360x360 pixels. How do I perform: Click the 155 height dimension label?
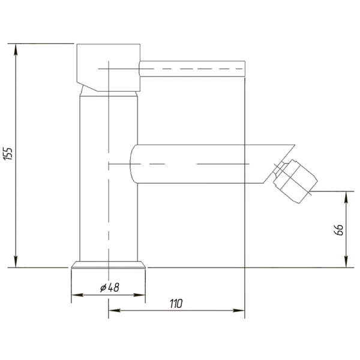click(8, 154)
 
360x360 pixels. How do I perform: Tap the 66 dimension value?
click(338, 230)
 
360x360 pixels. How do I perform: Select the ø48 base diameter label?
click(110, 287)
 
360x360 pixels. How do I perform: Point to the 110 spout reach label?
click(176, 304)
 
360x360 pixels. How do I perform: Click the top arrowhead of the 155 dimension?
click(16, 49)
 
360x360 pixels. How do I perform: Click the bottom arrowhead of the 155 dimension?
click(16, 262)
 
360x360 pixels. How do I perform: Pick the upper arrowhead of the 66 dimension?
click(346, 197)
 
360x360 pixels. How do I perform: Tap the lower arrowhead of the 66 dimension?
click(346, 262)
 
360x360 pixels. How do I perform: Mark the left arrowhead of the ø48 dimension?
click(77, 295)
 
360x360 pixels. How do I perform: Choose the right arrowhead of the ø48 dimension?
click(139, 295)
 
